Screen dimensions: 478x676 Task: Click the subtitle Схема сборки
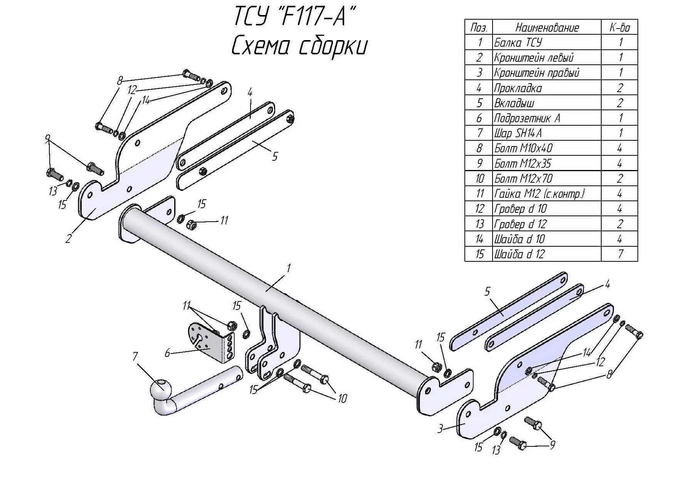click(299, 46)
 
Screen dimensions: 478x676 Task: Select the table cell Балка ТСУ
click(518, 42)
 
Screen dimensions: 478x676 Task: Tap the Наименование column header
click(547, 27)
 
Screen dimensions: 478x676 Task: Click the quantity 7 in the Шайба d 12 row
click(619, 254)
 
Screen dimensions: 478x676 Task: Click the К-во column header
click(619, 27)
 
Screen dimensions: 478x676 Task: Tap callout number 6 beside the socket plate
click(167, 353)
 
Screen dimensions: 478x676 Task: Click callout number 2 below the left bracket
click(68, 239)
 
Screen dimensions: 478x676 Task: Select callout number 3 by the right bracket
click(441, 428)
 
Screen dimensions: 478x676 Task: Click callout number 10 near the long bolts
click(342, 398)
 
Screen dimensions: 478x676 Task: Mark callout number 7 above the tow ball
click(135, 357)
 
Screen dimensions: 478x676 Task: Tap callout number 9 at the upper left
click(47, 139)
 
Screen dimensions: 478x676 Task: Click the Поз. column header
click(479, 27)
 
